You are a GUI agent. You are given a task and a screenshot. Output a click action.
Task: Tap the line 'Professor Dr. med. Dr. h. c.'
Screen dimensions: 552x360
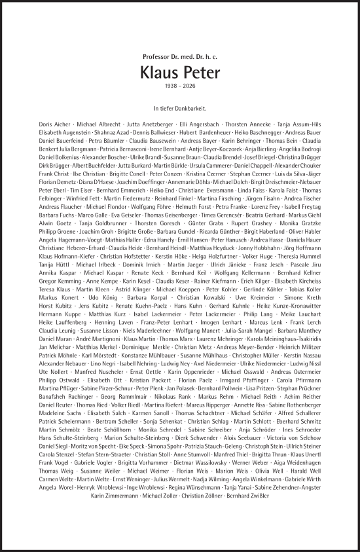pos(179,57)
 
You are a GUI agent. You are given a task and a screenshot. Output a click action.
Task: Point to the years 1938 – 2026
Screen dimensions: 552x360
pos(179,86)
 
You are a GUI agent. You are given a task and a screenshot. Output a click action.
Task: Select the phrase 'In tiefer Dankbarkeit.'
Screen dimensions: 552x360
pos(179,107)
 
